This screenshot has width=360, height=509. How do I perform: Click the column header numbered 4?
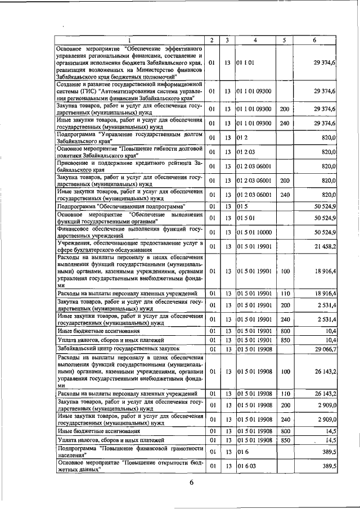tap(255, 40)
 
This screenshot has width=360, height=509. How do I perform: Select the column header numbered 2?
tap(211, 40)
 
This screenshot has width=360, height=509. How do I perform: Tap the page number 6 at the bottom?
tap(191, 488)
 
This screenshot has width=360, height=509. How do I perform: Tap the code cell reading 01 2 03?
tap(246, 152)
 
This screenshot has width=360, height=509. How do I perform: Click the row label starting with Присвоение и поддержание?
tap(129, 166)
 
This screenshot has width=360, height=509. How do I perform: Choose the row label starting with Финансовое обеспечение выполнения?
tap(129, 232)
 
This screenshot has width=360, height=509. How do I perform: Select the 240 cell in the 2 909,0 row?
tap(285, 420)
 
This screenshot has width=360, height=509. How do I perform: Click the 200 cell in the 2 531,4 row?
tap(285, 305)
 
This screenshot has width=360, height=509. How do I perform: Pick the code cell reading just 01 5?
tap(243, 206)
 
